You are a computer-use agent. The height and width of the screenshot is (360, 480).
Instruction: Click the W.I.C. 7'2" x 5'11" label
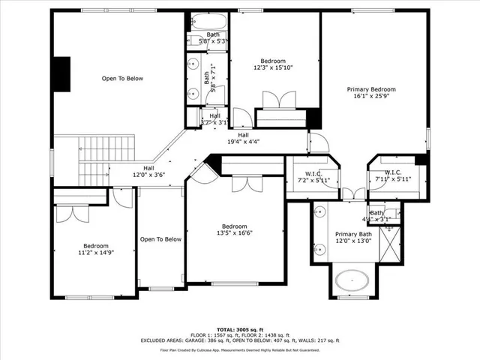(x=312, y=177)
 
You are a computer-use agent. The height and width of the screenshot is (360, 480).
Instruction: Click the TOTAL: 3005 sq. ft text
(x=240, y=329)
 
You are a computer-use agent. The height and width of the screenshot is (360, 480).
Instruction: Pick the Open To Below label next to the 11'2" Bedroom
(x=160, y=239)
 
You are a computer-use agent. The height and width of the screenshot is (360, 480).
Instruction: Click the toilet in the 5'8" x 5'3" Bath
(x=192, y=41)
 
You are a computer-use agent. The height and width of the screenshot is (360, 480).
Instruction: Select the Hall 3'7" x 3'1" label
(x=215, y=119)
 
